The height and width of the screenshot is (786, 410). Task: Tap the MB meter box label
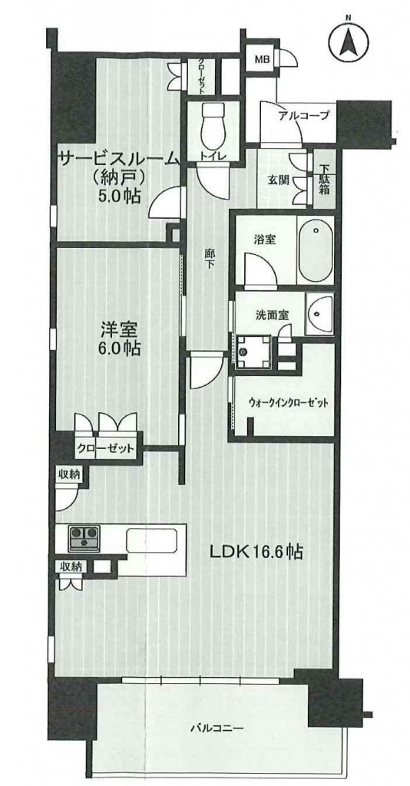(262, 60)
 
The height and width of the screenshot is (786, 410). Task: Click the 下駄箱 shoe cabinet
(323, 178)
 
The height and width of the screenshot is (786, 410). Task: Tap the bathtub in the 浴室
(315, 249)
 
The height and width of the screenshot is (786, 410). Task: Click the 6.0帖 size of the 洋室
(119, 346)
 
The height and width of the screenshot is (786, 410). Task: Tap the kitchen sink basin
(150, 540)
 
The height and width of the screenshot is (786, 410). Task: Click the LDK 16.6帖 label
(254, 553)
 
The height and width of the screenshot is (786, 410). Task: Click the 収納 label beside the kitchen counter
(71, 566)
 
